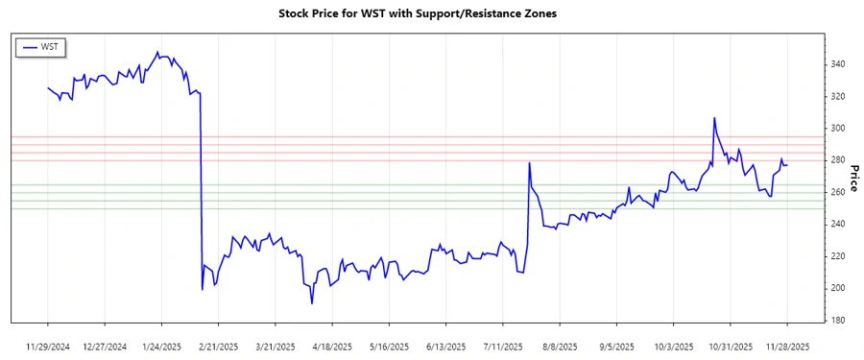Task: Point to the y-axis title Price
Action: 854,178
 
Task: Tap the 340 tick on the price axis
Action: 838,64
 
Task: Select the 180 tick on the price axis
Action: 838,321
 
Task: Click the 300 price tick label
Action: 838,129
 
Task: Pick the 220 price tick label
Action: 838,256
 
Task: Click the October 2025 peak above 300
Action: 714,118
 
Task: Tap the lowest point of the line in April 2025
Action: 312,303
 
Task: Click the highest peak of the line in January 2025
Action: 157,52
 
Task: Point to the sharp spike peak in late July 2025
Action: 530,163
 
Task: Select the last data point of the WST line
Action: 787,165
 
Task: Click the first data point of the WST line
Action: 48,87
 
